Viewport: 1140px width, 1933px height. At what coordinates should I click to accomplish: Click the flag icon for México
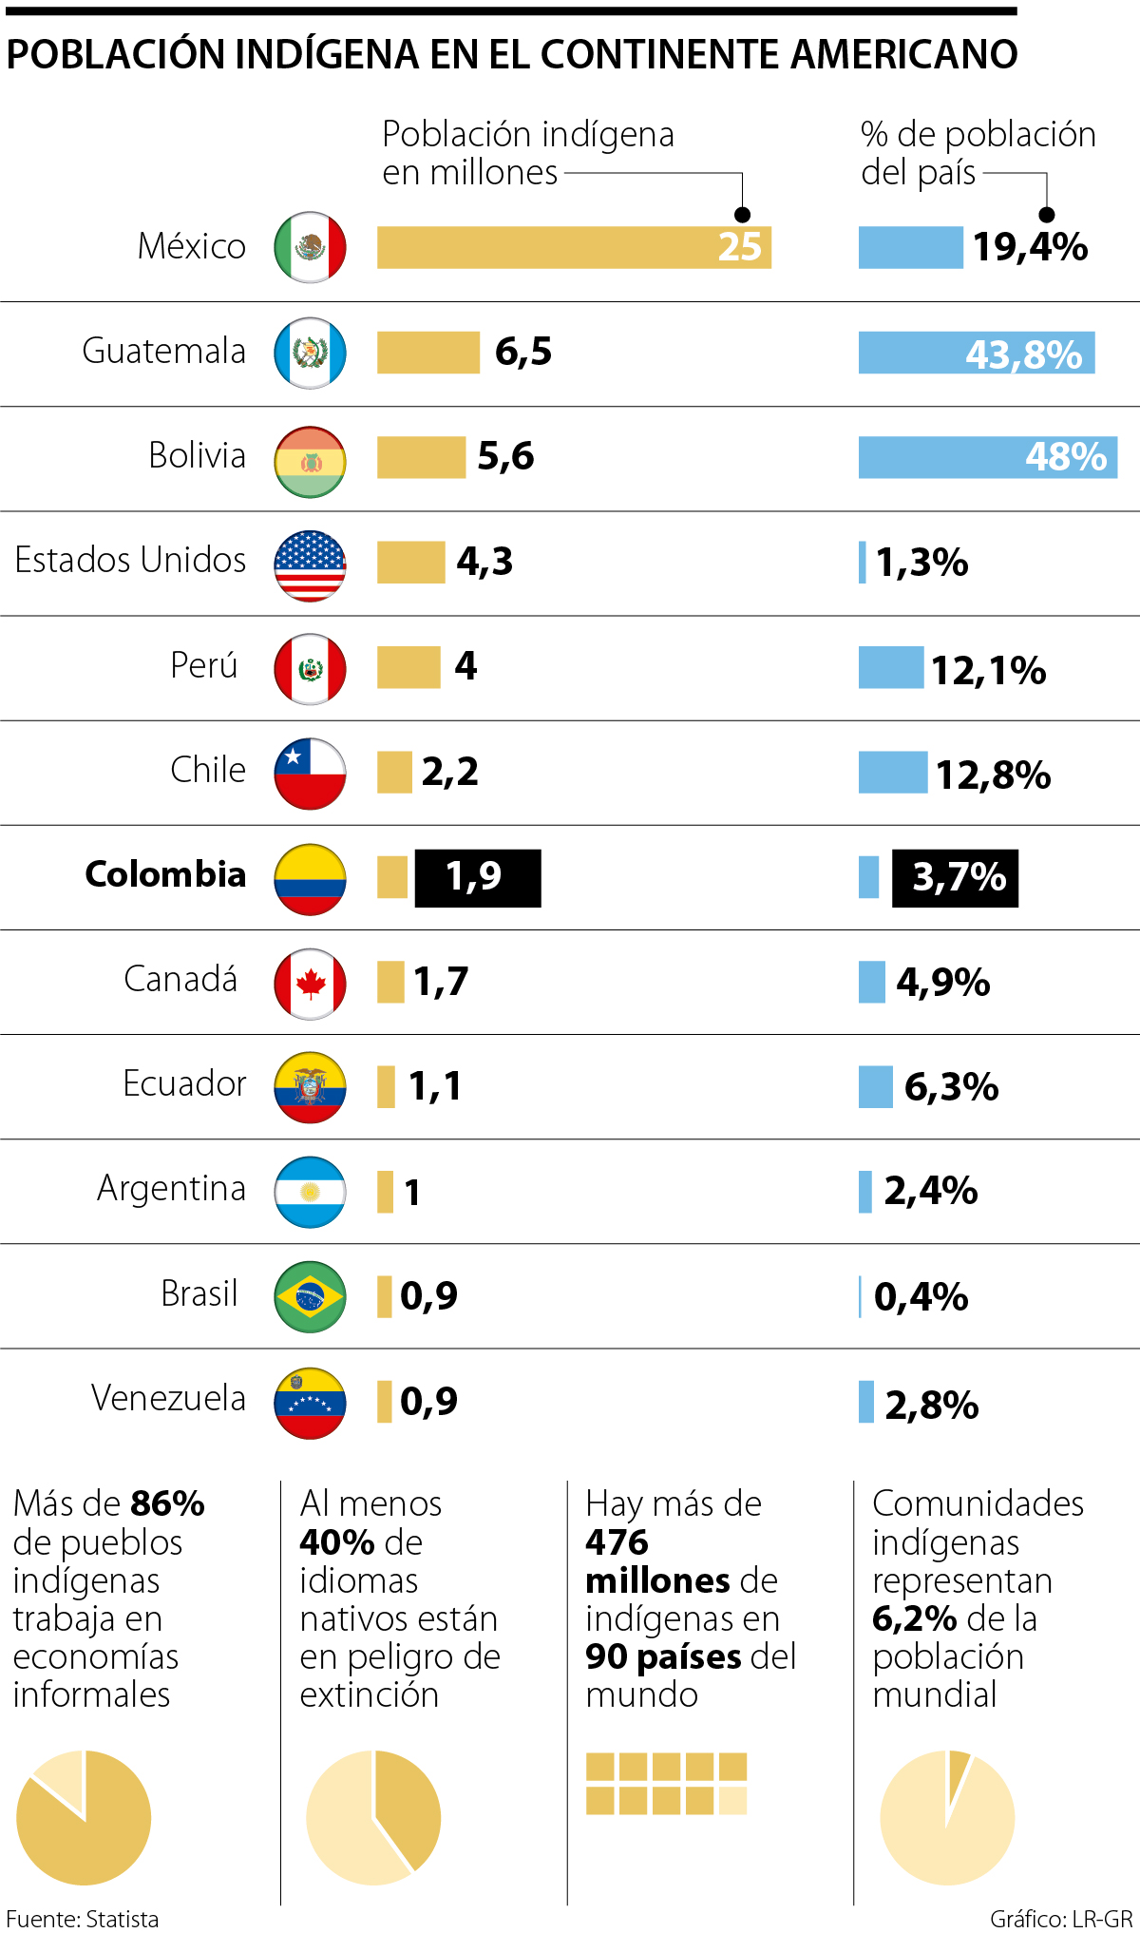coord(310,247)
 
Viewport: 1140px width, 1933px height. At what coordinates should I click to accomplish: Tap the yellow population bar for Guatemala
coord(427,353)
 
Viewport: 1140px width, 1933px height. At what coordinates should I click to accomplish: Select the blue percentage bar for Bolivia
coord(987,457)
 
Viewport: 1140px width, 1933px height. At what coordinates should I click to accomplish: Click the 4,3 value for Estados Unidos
coord(484,562)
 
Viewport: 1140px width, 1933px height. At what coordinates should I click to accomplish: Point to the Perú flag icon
coord(310,669)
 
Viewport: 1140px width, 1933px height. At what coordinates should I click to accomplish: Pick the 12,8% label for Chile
coord(993,775)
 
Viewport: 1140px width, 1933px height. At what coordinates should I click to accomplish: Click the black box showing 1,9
coord(477,877)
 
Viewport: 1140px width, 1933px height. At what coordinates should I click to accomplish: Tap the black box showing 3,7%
coord(955,877)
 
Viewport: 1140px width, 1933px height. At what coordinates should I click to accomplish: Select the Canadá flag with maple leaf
coord(310,984)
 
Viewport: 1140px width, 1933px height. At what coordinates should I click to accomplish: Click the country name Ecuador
coord(184,1083)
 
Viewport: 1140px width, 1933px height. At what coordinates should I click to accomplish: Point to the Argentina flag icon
coord(310,1192)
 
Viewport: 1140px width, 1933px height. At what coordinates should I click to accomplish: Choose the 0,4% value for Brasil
coord(921,1296)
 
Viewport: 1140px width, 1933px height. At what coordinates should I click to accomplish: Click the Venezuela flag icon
coord(310,1403)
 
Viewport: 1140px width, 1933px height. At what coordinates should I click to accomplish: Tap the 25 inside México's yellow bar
coord(739,247)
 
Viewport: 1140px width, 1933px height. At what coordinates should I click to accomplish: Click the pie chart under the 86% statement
coord(84,1817)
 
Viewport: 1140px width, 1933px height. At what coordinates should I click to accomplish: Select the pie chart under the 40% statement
coord(373,1817)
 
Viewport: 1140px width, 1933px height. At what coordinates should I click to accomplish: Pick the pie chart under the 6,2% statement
coord(947,1817)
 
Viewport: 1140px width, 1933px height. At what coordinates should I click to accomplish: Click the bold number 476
coord(617,1541)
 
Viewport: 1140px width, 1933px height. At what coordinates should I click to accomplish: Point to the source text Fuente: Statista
coord(83,1919)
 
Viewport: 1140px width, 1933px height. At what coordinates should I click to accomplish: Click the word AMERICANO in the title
coord(903,54)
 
